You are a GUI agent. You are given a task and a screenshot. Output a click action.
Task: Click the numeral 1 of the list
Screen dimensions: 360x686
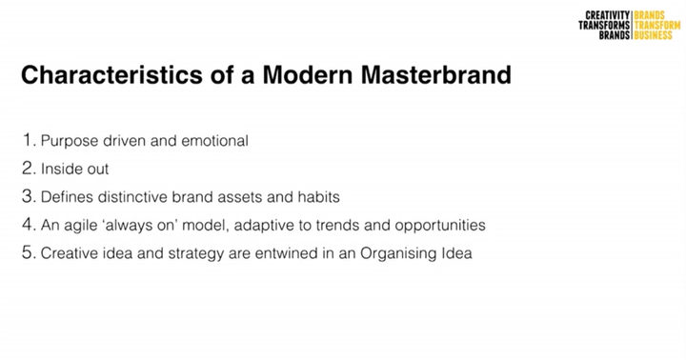(x=28, y=140)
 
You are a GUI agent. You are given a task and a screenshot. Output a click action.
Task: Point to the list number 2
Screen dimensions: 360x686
(x=29, y=169)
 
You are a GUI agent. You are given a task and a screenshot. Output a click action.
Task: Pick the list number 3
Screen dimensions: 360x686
(x=29, y=197)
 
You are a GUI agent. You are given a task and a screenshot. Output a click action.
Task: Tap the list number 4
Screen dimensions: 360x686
(x=29, y=226)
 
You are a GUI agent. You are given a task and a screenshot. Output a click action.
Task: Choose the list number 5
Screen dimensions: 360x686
(x=29, y=254)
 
